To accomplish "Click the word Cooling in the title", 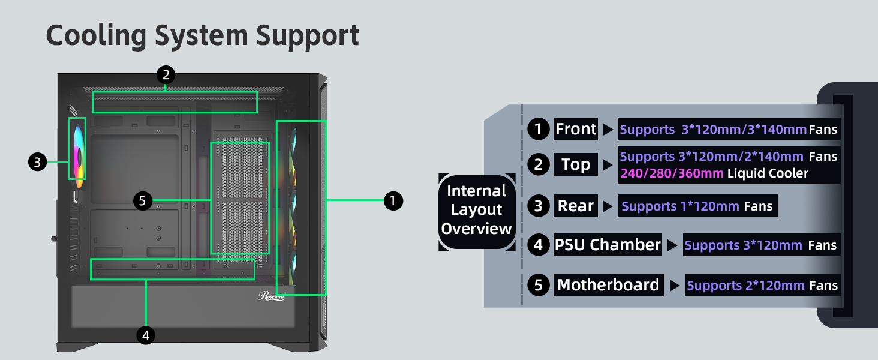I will pos(97,36).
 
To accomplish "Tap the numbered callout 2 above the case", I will pos(166,75).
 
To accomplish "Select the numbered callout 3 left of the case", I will pos(37,162).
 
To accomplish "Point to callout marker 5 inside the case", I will pos(142,200).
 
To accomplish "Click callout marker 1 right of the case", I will pos(393,200).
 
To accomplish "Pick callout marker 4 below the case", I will pos(145,335).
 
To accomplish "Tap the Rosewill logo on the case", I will pos(272,296).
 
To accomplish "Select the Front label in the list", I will pos(576,129).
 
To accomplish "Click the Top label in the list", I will pos(576,164).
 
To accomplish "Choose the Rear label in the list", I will pos(576,206).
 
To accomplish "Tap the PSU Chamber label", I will pos(608,245).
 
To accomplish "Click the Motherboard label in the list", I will pos(608,285).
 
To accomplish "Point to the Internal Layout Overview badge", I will pos(477,210).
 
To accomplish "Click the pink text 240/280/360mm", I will pos(672,173).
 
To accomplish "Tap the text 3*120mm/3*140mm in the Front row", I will pos(744,130).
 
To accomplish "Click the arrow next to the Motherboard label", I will pos(675,286).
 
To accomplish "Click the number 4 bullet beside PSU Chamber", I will pos(538,245).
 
